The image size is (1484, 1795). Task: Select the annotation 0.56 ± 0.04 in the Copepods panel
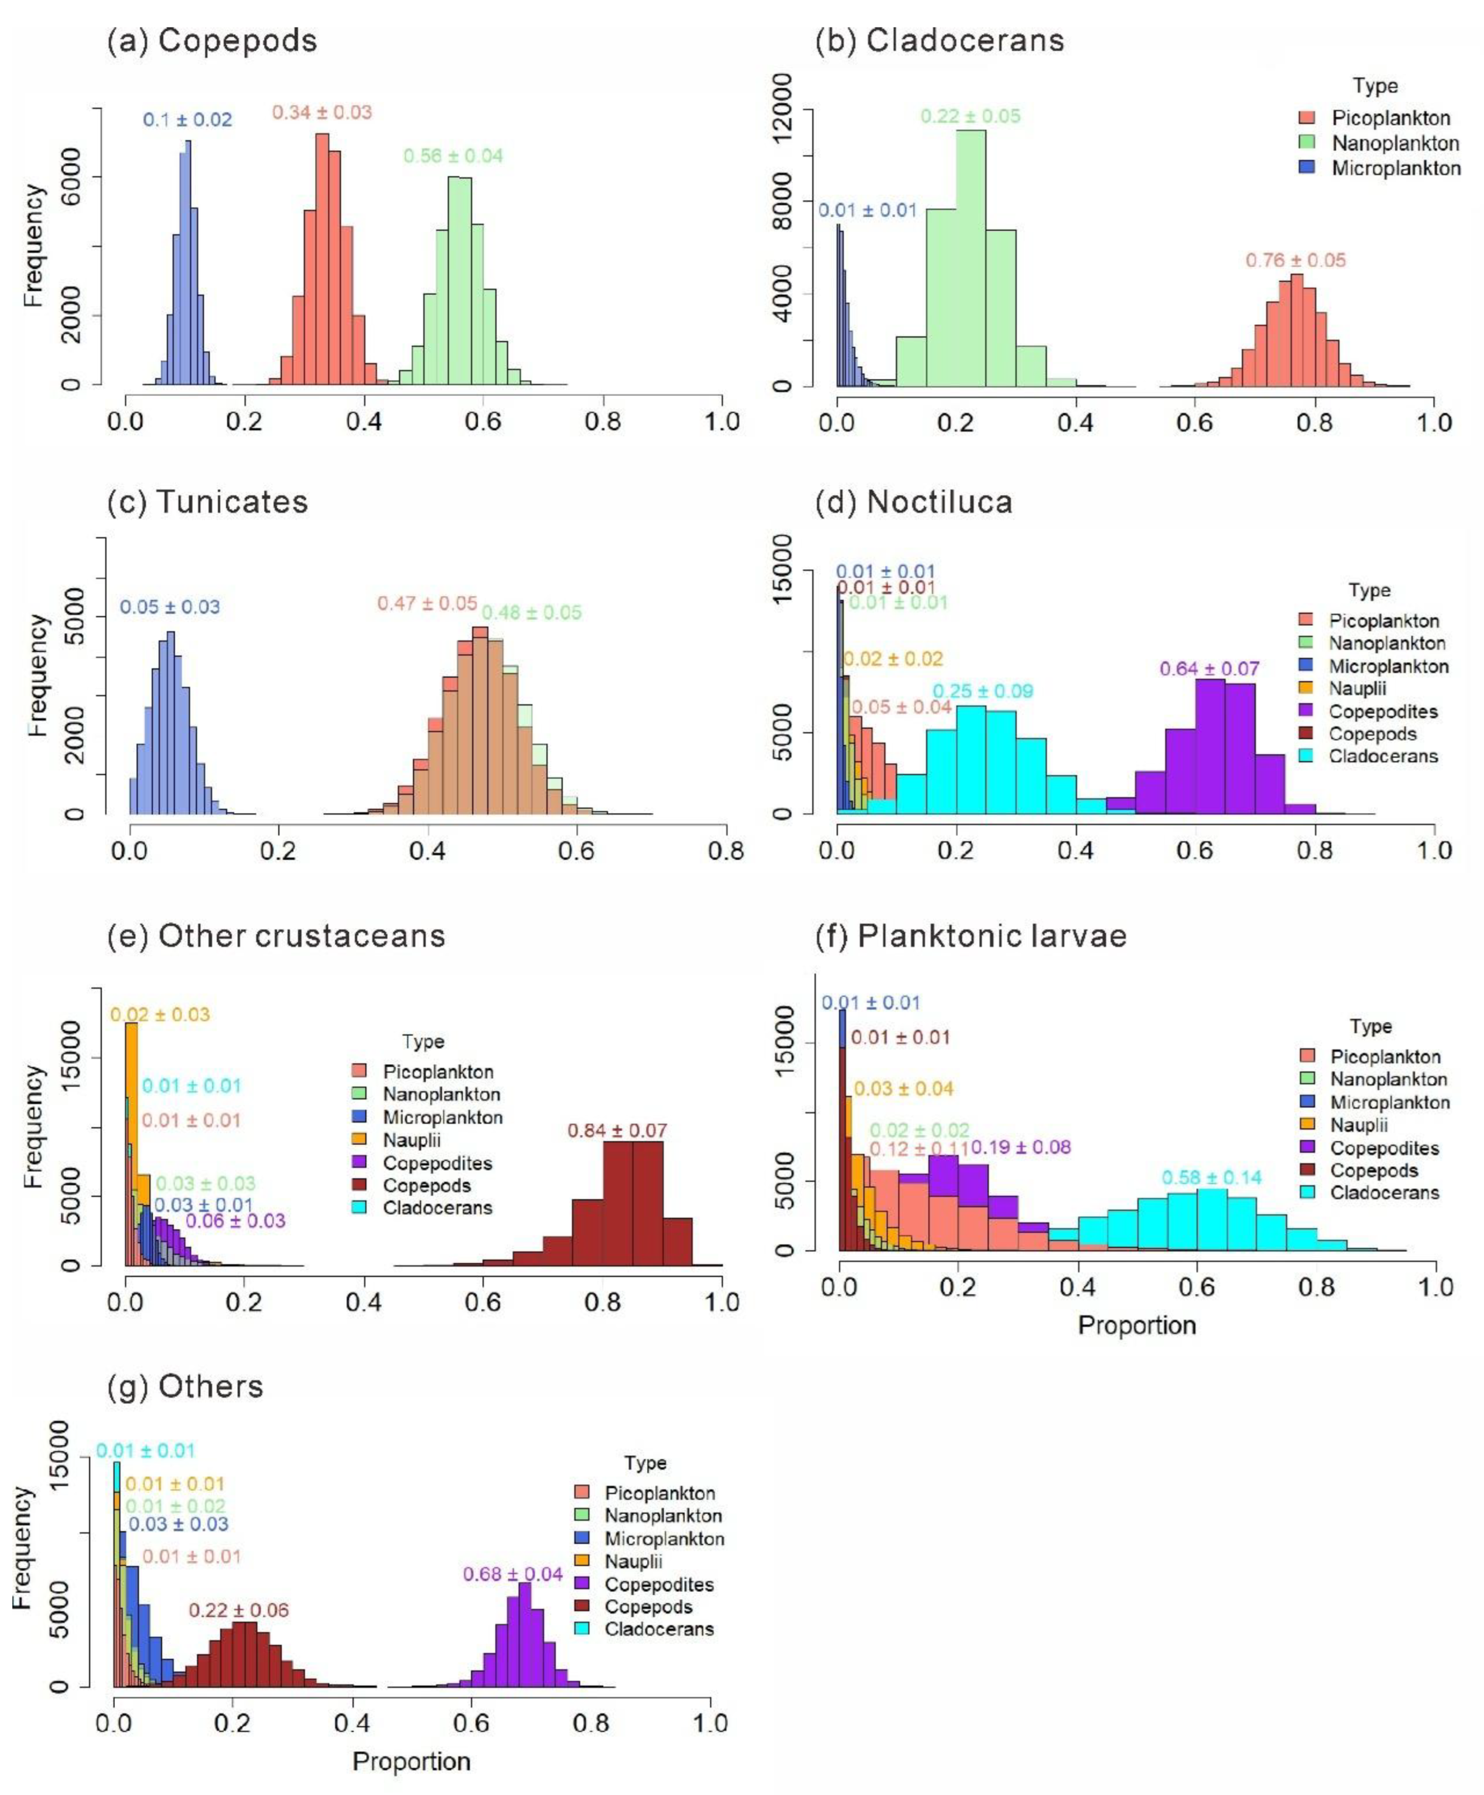pyautogui.click(x=453, y=156)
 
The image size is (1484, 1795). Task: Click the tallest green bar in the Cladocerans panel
pyautogui.click(x=970, y=257)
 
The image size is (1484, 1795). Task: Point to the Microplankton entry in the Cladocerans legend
pyautogui.click(x=1395, y=168)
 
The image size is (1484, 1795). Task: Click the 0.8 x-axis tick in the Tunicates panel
pyautogui.click(x=726, y=851)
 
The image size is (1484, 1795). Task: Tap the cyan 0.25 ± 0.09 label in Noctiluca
pyautogui.click(x=982, y=691)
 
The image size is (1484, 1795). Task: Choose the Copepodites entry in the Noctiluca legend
pyautogui.click(x=1382, y=711)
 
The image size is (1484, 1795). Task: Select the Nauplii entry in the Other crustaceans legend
pyautogui.click(x=411, y=1140)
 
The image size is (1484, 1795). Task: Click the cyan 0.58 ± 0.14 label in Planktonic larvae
pyautogui.click(x=1212, y=1177)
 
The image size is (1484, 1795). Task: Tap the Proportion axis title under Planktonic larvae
pyautogui.click(x=1136, y=1325)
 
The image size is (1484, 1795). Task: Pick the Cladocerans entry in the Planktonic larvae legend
pyautogui.click(x=1384, y=1192)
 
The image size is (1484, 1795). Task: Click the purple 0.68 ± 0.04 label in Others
pyautogui.click(x=513, y=1574)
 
